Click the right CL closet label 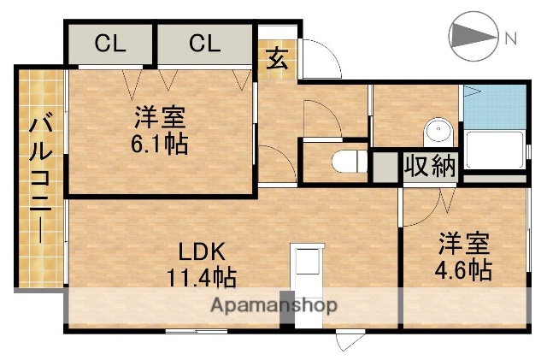(x=205, y=44)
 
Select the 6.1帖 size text (x=160, y=143)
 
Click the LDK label (x=202, y=252)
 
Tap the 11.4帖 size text (x=202, y=277)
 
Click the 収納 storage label (x=430, y=166)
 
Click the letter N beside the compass (x=510, y=38)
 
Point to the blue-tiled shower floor (x=493, y=107)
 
